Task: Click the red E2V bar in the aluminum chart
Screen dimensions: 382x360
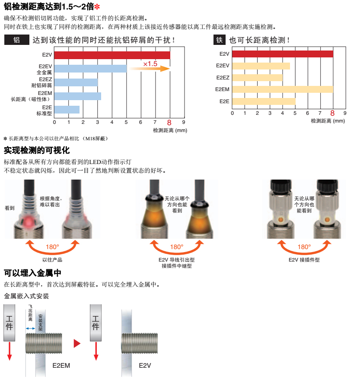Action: click(112, 55)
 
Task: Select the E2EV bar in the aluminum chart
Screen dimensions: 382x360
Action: click(90, 69)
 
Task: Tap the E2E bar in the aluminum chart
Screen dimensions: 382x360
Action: click(67, 110)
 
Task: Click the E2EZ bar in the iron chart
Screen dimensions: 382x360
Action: click(257, 78)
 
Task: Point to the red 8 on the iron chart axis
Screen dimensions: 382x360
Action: click(332, 113)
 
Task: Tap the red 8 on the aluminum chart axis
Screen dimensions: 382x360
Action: click(169, 122)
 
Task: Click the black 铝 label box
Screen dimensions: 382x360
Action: click(16, 40)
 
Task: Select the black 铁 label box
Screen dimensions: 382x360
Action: click(220, 40)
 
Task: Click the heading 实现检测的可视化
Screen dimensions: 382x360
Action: click(37, 150)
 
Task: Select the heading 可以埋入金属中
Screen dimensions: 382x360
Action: click(32, 273)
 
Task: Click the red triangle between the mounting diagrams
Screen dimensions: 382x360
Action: click(77, 344)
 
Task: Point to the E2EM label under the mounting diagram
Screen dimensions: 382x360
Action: click(61, 365)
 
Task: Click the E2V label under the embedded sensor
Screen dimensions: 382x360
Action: click(145, 365)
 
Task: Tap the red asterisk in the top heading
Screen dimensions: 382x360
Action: click(97, 6)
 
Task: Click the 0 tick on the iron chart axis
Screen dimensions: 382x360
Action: click(232, 113)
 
